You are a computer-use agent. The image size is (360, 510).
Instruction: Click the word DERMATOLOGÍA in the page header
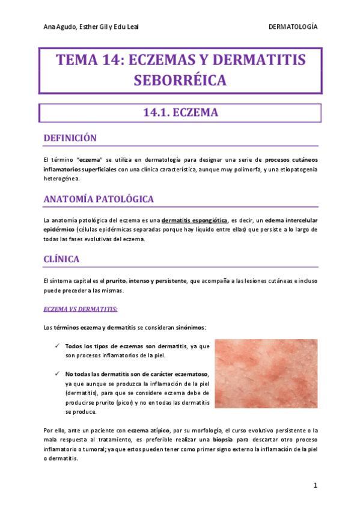(293, 28)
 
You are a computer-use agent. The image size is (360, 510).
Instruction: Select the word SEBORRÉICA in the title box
(180, 80)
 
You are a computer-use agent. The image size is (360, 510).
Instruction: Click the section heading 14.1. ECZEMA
(180, 112)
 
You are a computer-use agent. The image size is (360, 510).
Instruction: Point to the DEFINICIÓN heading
(70, 138)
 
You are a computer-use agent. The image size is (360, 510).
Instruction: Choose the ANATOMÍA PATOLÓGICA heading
(99, 199)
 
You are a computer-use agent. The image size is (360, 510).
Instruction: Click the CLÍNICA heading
(61, 260)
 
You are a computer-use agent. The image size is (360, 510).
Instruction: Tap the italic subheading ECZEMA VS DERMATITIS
(81, 310)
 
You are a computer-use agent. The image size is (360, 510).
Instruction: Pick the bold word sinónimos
(190, 327)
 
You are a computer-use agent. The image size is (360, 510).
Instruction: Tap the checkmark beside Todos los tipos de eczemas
(56, 346)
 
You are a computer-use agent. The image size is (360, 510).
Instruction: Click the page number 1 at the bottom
(315, 485)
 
